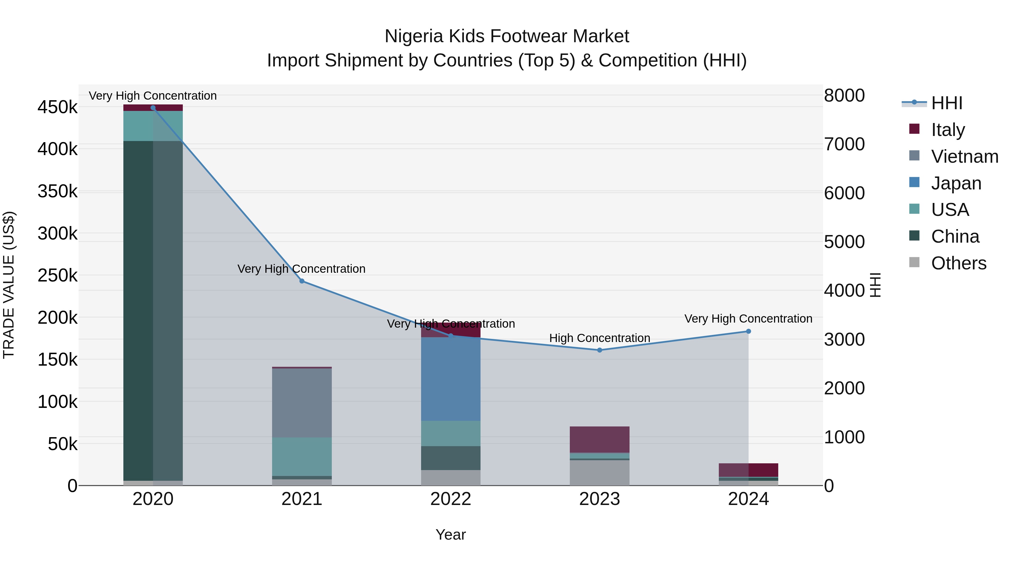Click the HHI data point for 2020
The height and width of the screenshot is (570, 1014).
pos(153,108)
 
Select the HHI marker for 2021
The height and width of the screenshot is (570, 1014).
pos(302,281)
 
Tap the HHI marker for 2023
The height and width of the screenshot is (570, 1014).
pos(599,350)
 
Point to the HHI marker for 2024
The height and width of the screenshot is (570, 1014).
pos(748,331)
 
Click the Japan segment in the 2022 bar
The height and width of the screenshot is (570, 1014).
pos(451,379)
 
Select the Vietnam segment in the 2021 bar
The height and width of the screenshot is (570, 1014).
pos(302,403)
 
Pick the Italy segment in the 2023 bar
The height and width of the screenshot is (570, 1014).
pos(599,439)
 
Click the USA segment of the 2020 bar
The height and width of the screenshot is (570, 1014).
pos(153,126)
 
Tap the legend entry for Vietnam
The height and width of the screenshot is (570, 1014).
pos(964,157)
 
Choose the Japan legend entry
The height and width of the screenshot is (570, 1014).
pos(956,183)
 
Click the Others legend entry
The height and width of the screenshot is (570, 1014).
pos(958,263)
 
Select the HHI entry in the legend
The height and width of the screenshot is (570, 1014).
pos(946,103)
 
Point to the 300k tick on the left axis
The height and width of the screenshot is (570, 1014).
pos(57,234)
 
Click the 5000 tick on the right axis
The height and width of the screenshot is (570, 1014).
pos(844,242)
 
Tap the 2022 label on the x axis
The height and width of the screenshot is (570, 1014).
pos(451,499)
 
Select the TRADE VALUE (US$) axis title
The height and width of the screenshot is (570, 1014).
pos(9,285)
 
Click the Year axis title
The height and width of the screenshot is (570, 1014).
pos(451,535)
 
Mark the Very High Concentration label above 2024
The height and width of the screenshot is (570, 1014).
pos(748,319)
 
